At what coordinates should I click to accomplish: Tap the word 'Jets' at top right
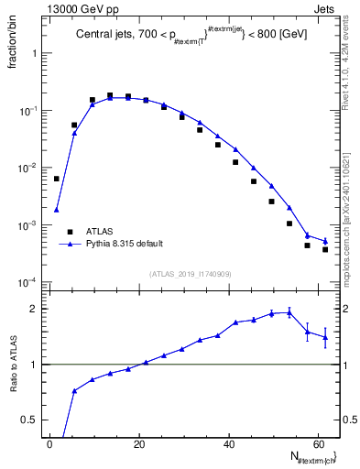(x=326, y=7)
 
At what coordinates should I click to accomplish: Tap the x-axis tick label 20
(x=138, y=444)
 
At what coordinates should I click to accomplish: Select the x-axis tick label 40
(x=227, y=444)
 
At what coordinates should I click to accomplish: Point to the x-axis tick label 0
(x=50, y=444)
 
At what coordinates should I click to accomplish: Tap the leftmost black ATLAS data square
(x=57, y=179)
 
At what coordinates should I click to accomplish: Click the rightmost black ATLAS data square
(x=325, y=249)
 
